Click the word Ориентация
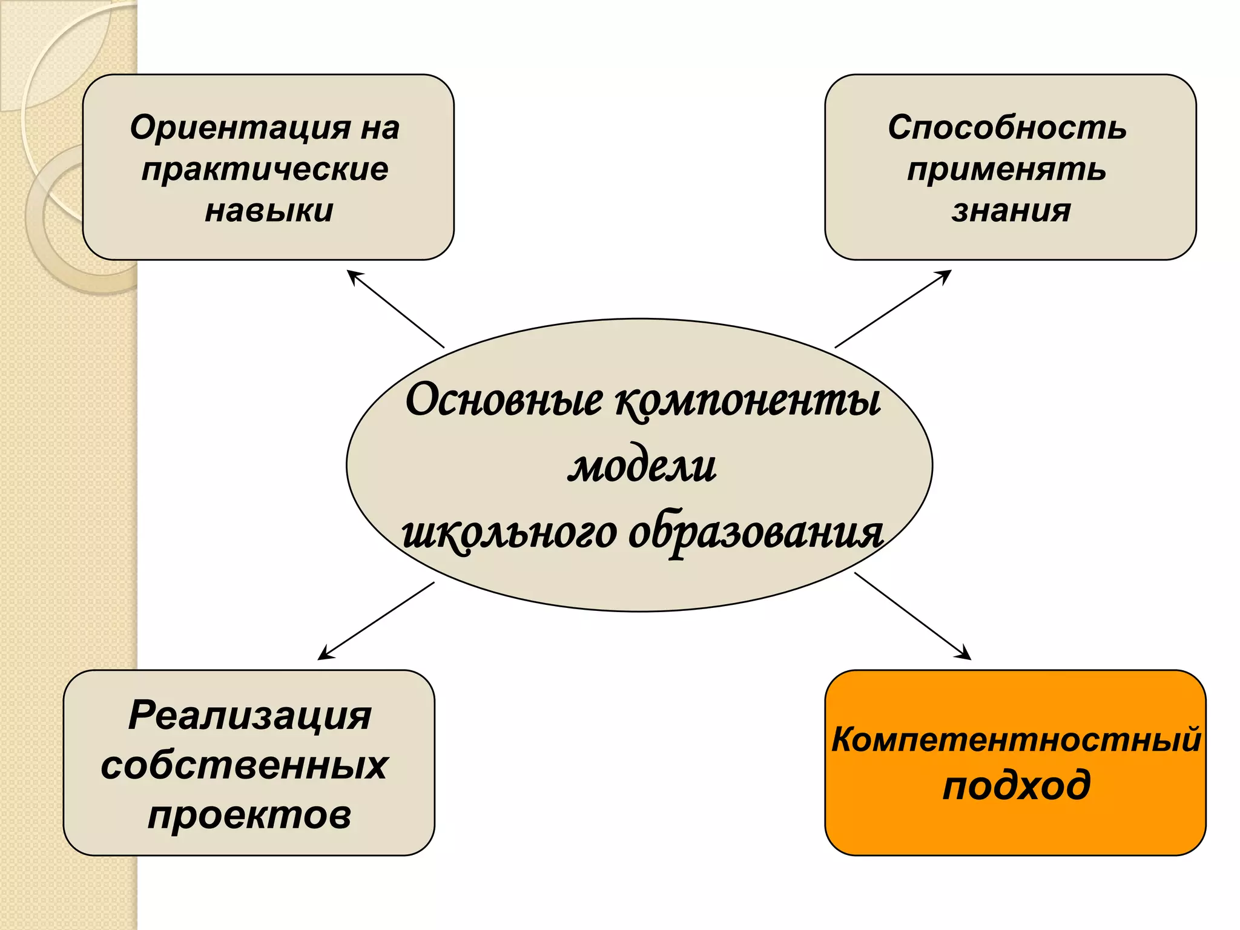coord(240,128)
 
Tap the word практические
coord(265,169)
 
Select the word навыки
coord(269,211)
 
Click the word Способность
coord(1007,128)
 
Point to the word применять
coord(1006,169)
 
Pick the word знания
coord(1011,211)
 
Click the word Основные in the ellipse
coord(504,400)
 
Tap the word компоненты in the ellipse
coord(748,400)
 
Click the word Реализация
coord(249,715)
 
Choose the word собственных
coord(244,765)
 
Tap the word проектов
coord(249,815)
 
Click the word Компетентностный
coord(1015,739)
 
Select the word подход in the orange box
coord(1017,785)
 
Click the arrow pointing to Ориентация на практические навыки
coord(395,309)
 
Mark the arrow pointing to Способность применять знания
coord(893,309)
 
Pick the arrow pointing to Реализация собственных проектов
coord(376,621)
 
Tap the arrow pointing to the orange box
coord(912,616)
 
